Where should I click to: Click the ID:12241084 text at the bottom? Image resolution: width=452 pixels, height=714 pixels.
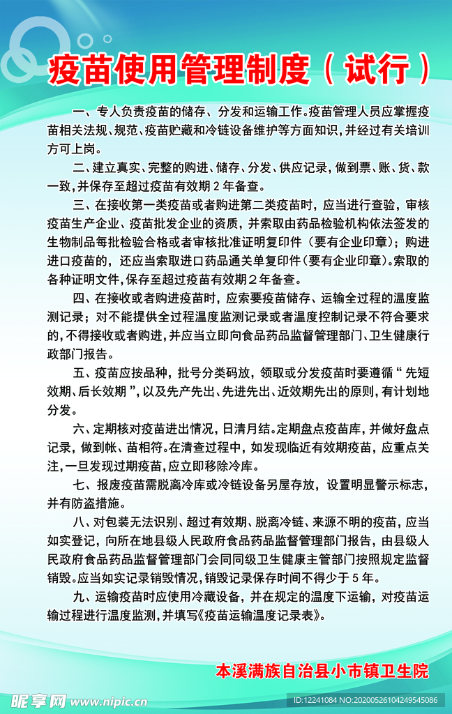(x=319, y=700)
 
